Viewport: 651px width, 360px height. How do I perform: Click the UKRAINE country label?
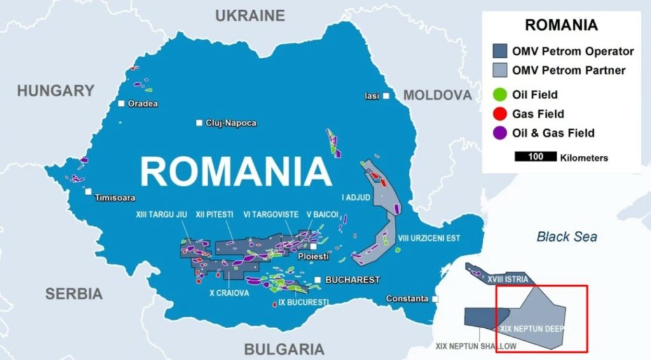tap(250, 16)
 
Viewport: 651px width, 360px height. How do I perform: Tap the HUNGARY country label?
tap(56, 91)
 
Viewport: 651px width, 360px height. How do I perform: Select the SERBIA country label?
tap(74, 293)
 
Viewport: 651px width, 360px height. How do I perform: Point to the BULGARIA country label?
tap(284, 349)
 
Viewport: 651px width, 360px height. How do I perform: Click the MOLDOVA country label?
tap(437, 95)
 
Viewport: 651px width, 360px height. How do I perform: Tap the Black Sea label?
tap(567, 237)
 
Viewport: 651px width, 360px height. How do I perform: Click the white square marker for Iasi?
tap(386, 96)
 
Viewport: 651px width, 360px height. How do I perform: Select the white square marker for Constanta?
tap(435, 298)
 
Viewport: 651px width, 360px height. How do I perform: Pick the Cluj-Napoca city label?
tap(231, 123)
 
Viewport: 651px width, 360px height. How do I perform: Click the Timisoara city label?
tap(115, 198)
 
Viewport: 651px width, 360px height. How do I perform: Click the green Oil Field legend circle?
tap(500, 95)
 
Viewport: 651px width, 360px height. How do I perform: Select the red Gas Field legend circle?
tap(500, 114)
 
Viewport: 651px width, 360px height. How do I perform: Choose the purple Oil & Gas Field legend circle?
tap(500, 133)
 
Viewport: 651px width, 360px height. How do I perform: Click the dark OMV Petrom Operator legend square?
tap(500, 52)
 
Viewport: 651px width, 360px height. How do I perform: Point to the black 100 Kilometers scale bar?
tap(535, 157)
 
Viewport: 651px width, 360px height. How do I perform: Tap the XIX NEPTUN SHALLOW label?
tap(476, 347)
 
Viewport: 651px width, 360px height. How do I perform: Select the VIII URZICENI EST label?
tap(428, 239)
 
